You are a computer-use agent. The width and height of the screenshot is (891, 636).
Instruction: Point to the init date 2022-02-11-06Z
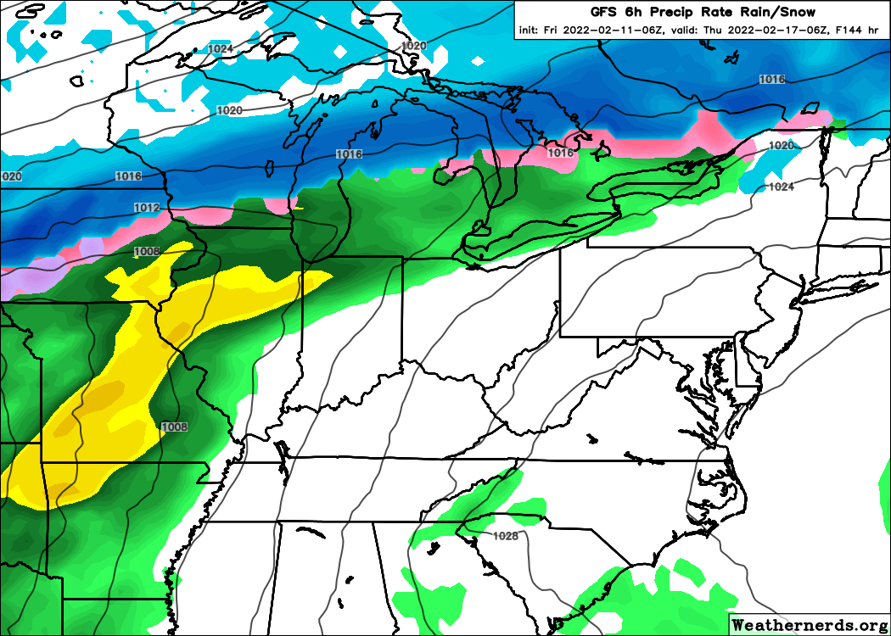(596, 31)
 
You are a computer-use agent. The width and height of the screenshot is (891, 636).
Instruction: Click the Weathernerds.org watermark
(810, 624)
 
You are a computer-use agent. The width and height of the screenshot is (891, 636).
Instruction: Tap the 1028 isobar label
(505, 536)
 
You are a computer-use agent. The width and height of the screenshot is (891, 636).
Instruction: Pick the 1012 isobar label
(146, 208)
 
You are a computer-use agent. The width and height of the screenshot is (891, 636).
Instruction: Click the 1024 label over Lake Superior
(220, 49)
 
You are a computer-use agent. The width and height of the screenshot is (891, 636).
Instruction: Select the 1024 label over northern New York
(781, 187)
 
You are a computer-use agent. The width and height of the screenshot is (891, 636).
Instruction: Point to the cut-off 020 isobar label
(11, 176)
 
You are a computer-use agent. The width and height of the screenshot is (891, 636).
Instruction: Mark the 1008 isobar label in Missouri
(174, 427)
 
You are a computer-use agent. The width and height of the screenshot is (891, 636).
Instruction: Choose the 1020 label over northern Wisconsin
(229, 110)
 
